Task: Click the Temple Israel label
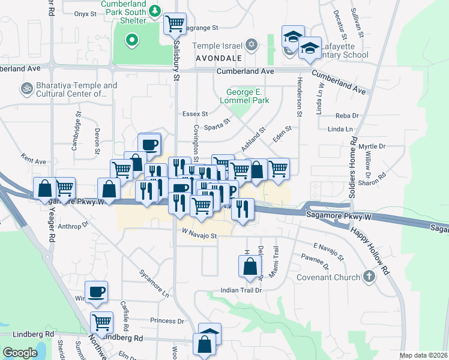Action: (217, 46)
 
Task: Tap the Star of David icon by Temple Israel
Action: (252, 45)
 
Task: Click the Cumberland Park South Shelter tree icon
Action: (155, 11)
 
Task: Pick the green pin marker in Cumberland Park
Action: (131, 41)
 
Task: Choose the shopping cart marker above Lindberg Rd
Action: (101, 322)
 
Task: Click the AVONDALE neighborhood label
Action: (219, 58)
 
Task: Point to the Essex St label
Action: (195, 113)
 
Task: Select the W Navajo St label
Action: (199, 236)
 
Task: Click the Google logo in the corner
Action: (20, 353)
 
